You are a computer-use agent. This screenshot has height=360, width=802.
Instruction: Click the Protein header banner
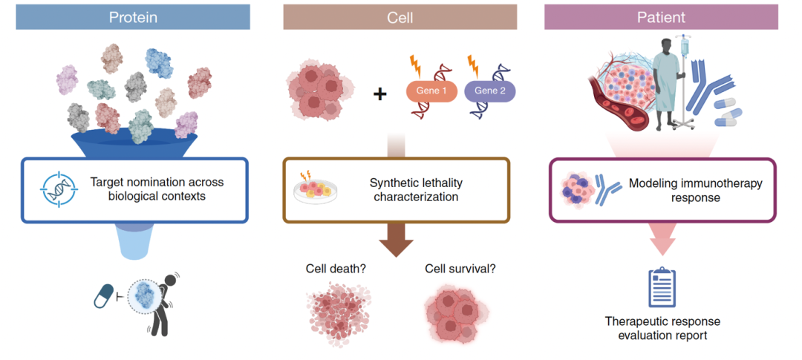(133, 17)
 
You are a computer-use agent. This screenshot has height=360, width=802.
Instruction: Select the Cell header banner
(400, 17)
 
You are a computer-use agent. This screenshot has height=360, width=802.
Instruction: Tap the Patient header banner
(661, 17)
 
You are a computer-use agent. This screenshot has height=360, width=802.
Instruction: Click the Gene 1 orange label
(431, 91)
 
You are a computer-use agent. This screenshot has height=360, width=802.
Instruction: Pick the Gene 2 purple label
(489, 91)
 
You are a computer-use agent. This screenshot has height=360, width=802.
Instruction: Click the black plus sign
(379, 94)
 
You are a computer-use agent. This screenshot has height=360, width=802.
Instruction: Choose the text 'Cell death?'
(336, 269)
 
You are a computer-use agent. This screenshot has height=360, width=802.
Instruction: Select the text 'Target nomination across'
(157, 182)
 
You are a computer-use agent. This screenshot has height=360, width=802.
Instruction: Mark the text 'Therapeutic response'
(662, 321)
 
